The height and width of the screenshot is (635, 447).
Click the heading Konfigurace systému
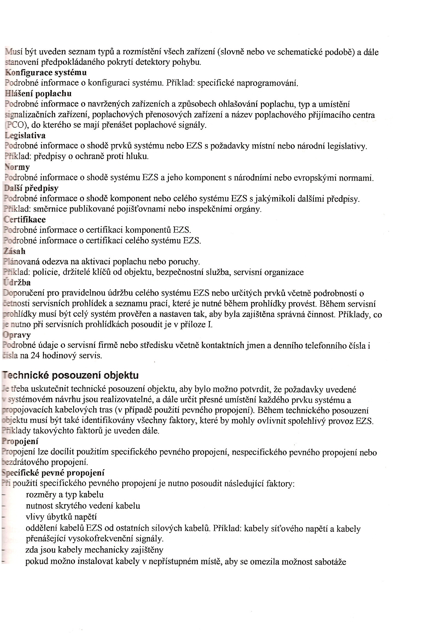46,73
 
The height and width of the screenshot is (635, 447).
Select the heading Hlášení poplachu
38,94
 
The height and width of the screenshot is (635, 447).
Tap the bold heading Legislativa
25,135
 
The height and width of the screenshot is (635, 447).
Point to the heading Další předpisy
31,188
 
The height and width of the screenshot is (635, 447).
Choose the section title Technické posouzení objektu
70,375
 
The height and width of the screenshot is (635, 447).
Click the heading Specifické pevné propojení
53,473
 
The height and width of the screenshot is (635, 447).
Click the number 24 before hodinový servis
35,355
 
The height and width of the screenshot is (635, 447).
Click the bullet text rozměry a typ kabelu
64,495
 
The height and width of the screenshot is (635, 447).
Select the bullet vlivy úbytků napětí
61,517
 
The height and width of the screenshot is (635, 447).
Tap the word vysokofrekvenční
108,538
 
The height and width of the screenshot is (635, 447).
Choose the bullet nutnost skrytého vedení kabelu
83,506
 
